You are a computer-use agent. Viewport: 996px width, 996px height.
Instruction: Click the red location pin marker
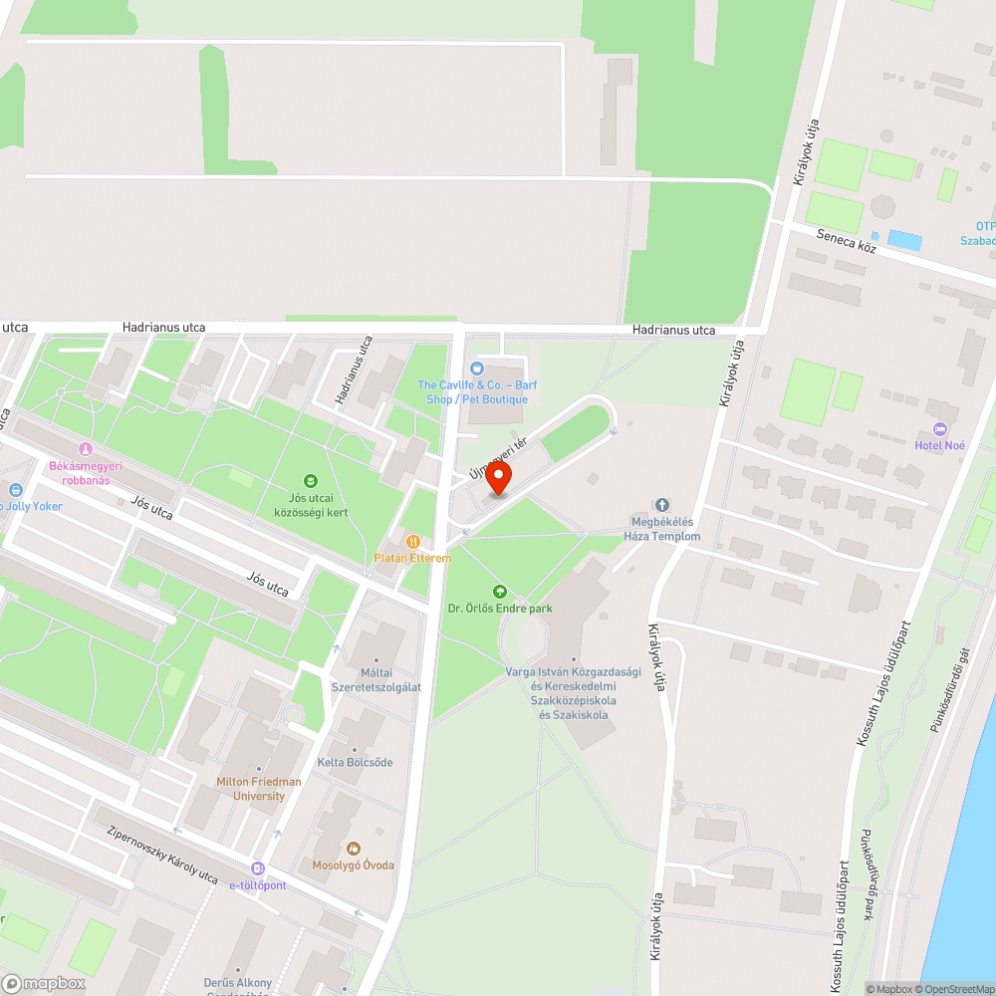point(498,478)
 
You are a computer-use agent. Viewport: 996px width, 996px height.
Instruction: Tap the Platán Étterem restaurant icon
point(413,542)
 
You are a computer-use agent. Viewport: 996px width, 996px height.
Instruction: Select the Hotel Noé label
point(940,444)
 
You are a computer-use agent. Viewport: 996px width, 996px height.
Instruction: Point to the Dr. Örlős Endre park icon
point(500,592)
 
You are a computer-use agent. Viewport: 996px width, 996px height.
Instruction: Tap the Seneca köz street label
point(846,240)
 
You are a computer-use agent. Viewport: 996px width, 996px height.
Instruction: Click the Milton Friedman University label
point(259,789)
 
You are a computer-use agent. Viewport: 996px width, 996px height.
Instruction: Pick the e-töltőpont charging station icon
point(258,869)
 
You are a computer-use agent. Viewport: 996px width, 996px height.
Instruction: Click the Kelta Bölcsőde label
point(355,763)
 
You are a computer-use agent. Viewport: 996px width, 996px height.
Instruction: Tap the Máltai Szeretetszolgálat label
point(376,680)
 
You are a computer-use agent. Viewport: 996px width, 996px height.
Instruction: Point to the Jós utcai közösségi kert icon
point(310,480)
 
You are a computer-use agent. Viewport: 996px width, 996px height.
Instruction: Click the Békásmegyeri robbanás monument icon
point(85,450)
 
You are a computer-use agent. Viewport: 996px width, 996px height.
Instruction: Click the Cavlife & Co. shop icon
point(476,369)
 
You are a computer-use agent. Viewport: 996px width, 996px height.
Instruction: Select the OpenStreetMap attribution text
point(951,989)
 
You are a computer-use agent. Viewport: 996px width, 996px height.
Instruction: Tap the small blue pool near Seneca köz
point(904,240)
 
